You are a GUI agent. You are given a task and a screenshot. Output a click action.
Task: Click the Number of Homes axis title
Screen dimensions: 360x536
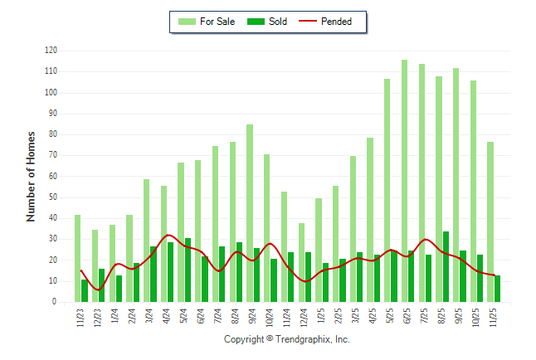pyautogui.click(x=31, y=176)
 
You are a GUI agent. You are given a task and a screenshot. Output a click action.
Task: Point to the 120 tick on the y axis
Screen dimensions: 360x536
pyautogui.click(x=51, y=51)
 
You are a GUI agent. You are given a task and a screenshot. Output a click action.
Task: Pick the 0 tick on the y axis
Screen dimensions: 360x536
pyautogui.click(x=55, y=302)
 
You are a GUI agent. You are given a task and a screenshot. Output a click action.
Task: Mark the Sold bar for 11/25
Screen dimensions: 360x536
pyautogui.click(x=497, y=289)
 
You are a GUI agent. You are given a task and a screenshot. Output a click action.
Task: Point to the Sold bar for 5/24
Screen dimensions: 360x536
pyautogui.click(x=188, y=270)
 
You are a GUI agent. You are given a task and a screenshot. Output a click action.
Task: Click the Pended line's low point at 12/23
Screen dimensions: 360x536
pyautogui.click(x=98, y=289)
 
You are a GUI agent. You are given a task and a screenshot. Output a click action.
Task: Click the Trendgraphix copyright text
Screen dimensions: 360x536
pyautogui.click(x=287, y=340)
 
